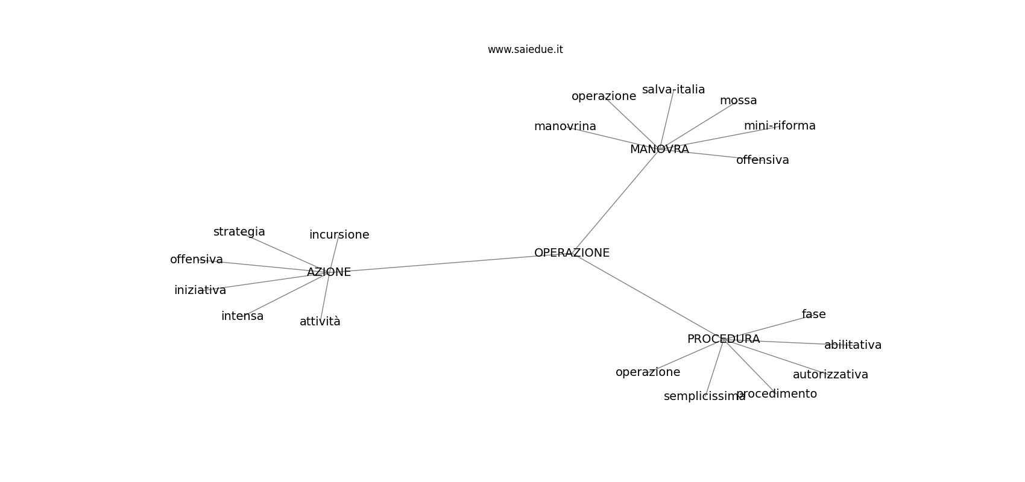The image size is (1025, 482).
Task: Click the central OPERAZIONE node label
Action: tap(572, 253)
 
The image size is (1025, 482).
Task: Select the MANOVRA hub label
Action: tap(660, 149)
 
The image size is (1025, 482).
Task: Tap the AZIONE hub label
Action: tap(329, 272)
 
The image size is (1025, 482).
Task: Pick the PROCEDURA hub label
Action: tap(723, 339)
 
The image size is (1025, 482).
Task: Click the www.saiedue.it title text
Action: tap(525, 49)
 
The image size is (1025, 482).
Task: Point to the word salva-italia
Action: tap(673, 90)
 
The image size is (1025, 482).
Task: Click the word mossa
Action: tap(738, 101)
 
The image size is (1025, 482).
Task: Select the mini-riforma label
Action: tap(779, 126)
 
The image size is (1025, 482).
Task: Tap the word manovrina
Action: tap(565, 126)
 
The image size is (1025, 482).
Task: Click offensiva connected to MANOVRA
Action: tap(762, 160)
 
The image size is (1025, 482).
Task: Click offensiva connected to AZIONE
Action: tap(197, 259)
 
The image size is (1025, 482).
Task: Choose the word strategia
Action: tap(239, 232)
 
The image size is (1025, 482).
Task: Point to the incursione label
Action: tap(339, 234)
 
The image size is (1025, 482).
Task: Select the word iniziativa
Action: tap(200, 290)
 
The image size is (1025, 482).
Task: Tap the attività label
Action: tap(320, 322)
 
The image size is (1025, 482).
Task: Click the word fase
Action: tap(813, 314)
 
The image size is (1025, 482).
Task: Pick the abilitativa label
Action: tap(853, 345)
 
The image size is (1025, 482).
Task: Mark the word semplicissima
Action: tap(704, 396)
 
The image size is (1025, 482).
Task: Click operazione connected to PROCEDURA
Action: tap(648, 372)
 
